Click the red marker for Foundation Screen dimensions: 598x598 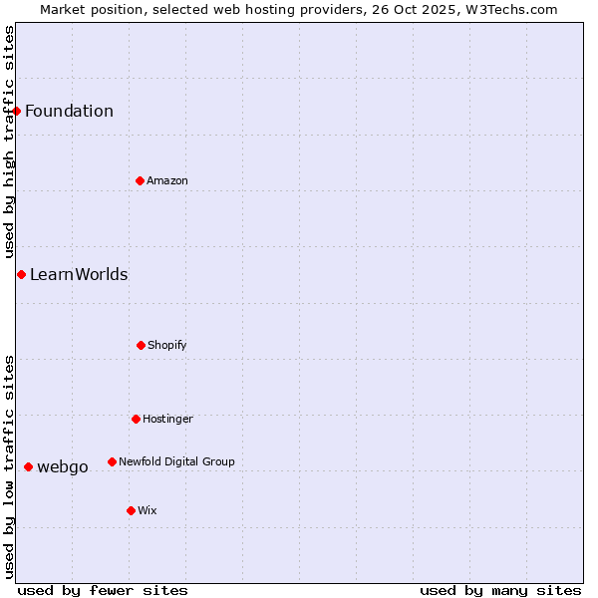click(17, 111)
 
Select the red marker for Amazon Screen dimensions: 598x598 click(140, 180)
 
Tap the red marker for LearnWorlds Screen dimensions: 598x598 click(21, 274)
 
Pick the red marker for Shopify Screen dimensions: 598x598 click(141, 345)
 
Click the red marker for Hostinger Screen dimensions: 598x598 click(136, 419)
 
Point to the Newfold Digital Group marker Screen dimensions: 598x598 click(112, 461)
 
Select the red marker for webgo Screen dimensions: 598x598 click(28, 466)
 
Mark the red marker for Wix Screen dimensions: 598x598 click(131, 510)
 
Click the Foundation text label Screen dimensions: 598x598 click(69, 111)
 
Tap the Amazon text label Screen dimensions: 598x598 click(167, 180)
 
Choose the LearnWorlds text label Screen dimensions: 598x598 click(79, 274)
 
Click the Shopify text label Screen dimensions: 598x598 click(167, 345)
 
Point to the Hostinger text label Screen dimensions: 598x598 click(167, 419)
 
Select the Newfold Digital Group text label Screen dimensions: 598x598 click(176, 461)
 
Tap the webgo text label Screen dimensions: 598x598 click(63, 466)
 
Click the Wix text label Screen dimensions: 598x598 click(148, 510)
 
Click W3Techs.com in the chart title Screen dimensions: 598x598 click(508, 9)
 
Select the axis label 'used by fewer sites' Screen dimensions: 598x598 click(103, 590)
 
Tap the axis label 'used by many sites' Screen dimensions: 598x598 click(500, 590)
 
